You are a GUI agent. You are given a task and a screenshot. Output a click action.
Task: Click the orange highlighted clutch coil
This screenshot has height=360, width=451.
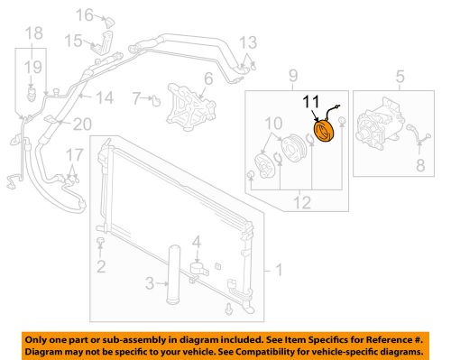324,131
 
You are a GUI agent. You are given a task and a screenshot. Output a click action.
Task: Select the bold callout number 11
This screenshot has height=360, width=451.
311,102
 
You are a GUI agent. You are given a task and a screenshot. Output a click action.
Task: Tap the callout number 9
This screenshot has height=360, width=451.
293,76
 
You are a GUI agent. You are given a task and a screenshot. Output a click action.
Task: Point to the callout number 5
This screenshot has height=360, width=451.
400,77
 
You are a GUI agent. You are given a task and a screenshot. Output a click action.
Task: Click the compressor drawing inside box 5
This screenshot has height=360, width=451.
380,121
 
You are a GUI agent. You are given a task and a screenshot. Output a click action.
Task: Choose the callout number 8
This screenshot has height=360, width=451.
420,165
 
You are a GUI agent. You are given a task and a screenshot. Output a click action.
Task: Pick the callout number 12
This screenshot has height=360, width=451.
302,202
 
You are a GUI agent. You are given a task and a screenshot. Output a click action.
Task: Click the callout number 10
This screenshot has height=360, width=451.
273,123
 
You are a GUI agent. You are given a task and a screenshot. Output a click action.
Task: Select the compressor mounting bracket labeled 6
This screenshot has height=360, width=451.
190,106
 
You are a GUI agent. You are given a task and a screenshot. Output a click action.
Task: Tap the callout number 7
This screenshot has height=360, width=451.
136,98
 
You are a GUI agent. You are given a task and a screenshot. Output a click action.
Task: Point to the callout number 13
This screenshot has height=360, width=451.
248,42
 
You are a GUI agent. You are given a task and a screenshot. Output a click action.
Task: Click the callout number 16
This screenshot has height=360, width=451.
85,14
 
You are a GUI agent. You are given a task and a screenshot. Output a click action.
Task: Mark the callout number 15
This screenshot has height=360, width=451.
73,41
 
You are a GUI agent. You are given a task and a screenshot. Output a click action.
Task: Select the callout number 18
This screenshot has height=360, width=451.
33,32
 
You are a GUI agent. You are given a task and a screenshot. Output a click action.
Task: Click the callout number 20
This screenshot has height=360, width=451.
82,125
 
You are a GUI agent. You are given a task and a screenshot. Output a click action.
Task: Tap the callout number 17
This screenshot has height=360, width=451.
74,155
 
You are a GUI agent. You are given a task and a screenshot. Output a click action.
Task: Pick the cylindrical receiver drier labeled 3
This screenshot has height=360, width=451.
174,274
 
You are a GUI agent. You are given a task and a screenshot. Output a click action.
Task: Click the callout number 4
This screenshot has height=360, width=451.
197,242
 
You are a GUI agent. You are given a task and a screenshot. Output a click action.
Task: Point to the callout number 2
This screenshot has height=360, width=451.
101,266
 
